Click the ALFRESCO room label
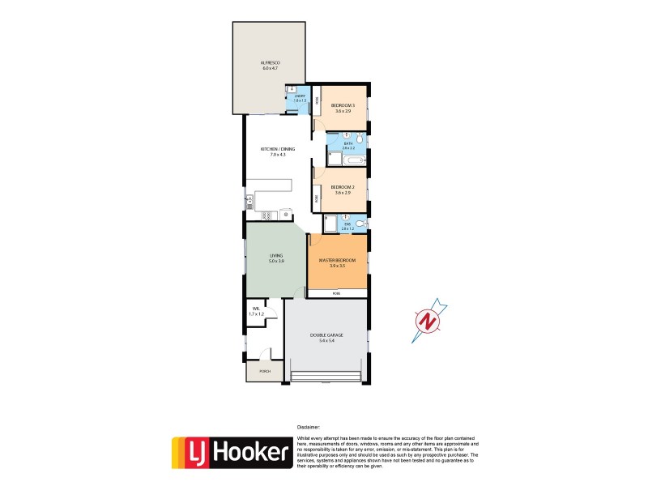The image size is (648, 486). (270, 62)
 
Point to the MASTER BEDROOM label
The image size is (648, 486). (337, 260)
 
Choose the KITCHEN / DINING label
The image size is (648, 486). (277, 149)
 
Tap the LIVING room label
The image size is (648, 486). (276, 258)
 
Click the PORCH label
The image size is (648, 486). (264, 372)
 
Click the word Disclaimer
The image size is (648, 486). (309, 427)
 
